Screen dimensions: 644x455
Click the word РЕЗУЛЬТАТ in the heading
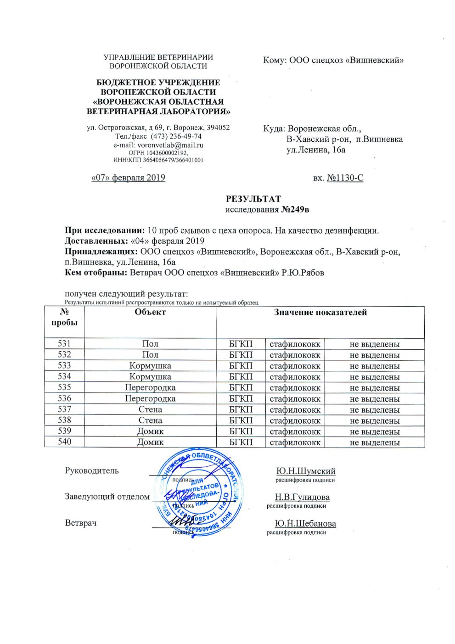click(253, 199)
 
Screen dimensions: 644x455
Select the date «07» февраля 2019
click(128, 178)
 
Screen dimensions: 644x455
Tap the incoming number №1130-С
click(345, 178)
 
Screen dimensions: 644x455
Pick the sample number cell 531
click(64, 343)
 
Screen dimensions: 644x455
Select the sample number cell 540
click(64, 442)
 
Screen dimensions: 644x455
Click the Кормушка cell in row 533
click(150, 366)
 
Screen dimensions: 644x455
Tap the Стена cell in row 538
click(150, 420)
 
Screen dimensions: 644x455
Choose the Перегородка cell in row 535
click(150, 387)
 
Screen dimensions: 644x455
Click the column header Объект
click(150, 312)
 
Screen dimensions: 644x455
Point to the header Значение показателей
click(320, 313)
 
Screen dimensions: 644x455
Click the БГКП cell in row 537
click(241, 409)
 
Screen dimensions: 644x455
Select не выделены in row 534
click(374, 377)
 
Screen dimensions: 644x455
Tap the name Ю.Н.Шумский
click(305, 471)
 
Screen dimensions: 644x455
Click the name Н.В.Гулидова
click(302, 497)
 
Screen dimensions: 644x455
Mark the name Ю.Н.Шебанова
click(305, 524)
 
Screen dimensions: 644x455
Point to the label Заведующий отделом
click(107, 497)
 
